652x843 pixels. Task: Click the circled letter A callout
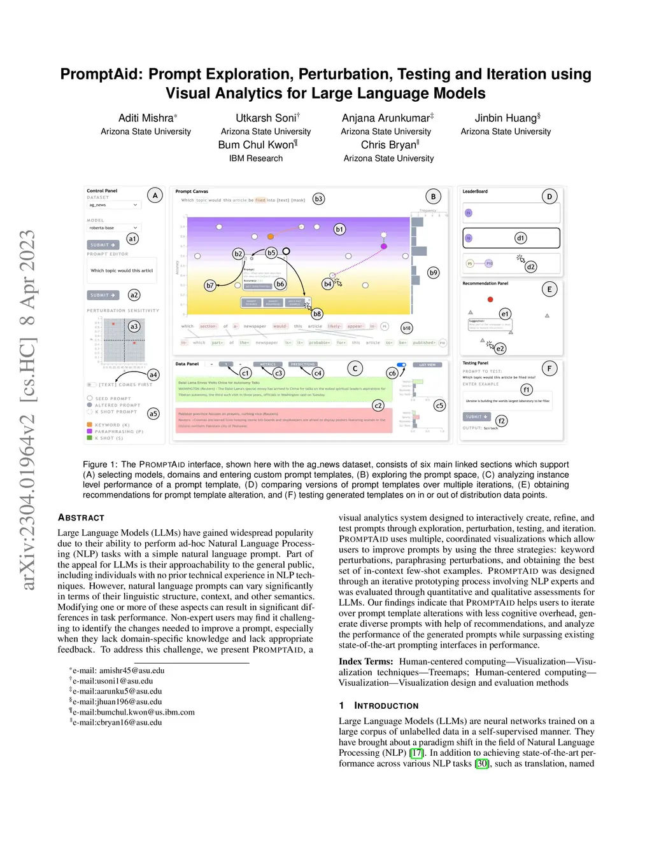pyautogui.click(x=155, y=195)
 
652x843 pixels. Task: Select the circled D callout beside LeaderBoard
pyautogui.click(x=549, y=197)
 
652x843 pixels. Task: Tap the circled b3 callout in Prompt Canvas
pyautogui.click(x=318, y=199)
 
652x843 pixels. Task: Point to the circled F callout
pyautogui.click(x=549, y=368)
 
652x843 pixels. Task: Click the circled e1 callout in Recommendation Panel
pyautogui.click(x=505, y=314)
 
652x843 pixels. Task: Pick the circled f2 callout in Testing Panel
pyautogui.click(x=502, y=421)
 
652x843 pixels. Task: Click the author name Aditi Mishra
pyautogui.click(x=146, y=118)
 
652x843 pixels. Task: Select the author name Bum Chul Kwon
pyautogui.click(x=256, y=145)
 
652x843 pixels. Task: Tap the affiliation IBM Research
pyautogui.click(x=256, y=158)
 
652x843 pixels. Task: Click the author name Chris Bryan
pyautogui.click(x=388, y=145)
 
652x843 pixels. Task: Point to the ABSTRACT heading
pyautogui.click(x=81, y=518)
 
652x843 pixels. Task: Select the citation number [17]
pyautogui.click(x=416, y=753)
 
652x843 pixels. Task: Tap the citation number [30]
pyautogui.click(x=482, y=763)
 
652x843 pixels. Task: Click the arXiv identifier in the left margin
pyautogui.click(x=28, y=410)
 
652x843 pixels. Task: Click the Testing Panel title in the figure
pyautogui.click(x=475, y=363)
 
